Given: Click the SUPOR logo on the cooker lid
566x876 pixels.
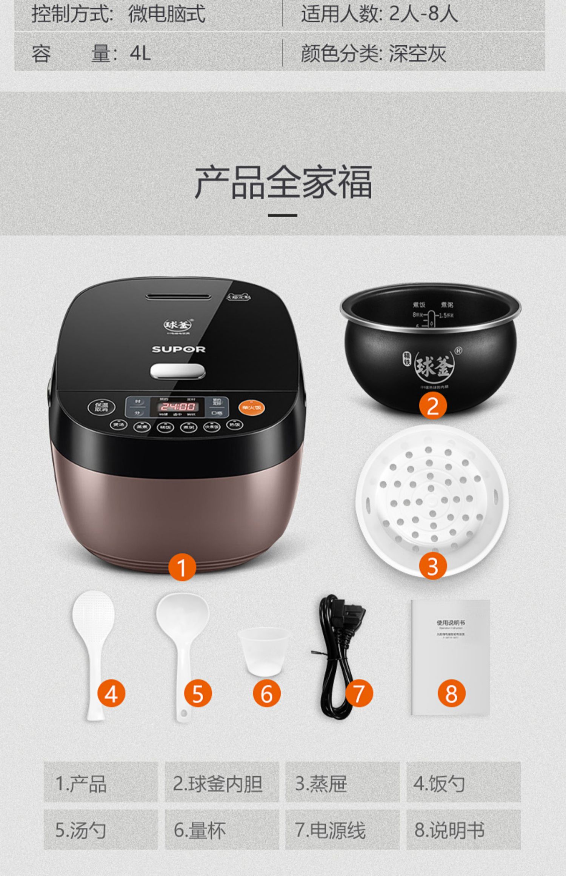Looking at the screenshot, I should click(178, 349).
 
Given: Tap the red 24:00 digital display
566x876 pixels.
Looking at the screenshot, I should click(178, 406).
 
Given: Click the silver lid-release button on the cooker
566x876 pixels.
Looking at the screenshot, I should click(178, 371).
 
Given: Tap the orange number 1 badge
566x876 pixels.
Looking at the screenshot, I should click(182, 567).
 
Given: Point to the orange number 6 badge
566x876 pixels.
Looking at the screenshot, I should click(266, 693).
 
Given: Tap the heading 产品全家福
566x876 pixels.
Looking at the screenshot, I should click(283, 182).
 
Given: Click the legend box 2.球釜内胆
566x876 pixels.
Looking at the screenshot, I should click(221, 783).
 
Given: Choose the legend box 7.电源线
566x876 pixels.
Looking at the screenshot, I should click(342, 830).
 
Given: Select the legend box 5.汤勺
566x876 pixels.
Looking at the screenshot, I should click(100, 830).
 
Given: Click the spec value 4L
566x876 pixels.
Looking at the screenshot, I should click(140, 53).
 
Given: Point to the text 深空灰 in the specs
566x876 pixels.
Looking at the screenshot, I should click(417, 53).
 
